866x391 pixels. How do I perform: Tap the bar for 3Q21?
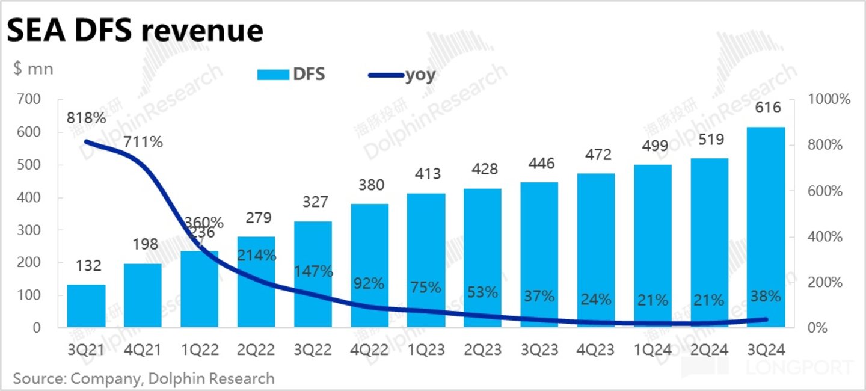[x=86, y=306]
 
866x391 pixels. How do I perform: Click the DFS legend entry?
[x=291, y=75]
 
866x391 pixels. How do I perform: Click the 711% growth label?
[x=143, y=143]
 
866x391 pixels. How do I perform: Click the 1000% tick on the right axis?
[x=829, y=100]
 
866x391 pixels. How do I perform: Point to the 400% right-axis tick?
[x=825, y=237]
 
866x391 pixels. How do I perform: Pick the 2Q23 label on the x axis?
[x=483, y=349]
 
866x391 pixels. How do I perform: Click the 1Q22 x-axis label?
[x=199, y=349]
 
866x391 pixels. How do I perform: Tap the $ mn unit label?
[x=33, y=69]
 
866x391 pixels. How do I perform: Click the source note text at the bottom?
[x=144, y=378]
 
